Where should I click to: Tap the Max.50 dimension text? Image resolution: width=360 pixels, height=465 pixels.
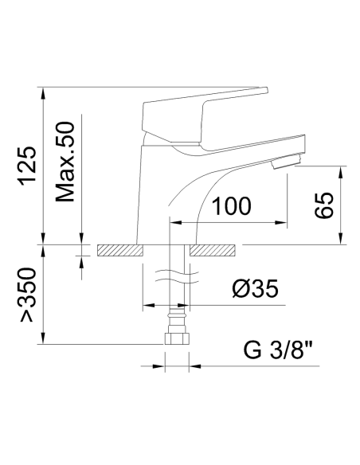(65, 162)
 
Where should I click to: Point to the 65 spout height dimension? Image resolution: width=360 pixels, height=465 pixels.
(323, 205)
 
